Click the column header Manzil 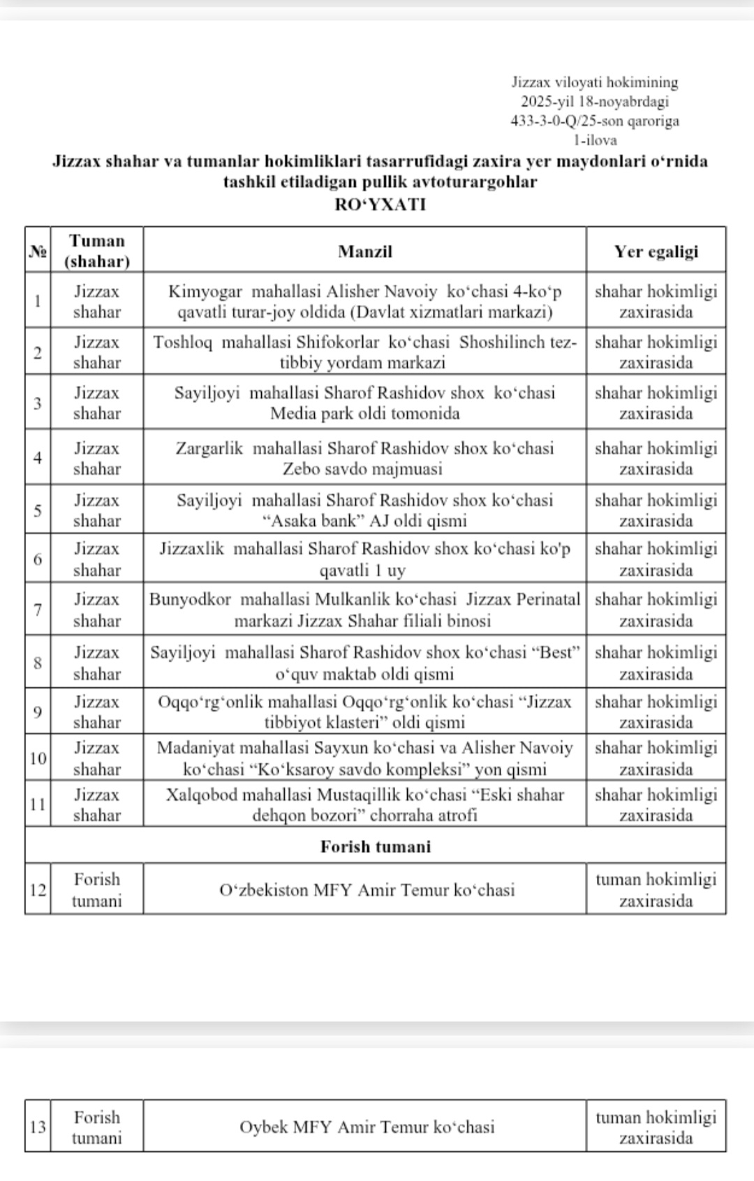364,251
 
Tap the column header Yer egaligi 656,251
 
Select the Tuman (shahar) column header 96,251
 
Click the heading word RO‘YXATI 380,204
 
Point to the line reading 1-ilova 595,140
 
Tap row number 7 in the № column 37,610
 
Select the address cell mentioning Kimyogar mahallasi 364,301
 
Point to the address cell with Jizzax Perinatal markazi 364,610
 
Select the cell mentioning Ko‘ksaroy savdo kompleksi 364,758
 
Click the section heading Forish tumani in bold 376,846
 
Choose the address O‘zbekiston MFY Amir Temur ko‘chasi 367,889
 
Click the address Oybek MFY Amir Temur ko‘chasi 367,1127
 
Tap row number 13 37,1127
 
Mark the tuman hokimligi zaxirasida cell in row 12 656,889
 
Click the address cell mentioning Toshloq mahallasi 364,352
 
